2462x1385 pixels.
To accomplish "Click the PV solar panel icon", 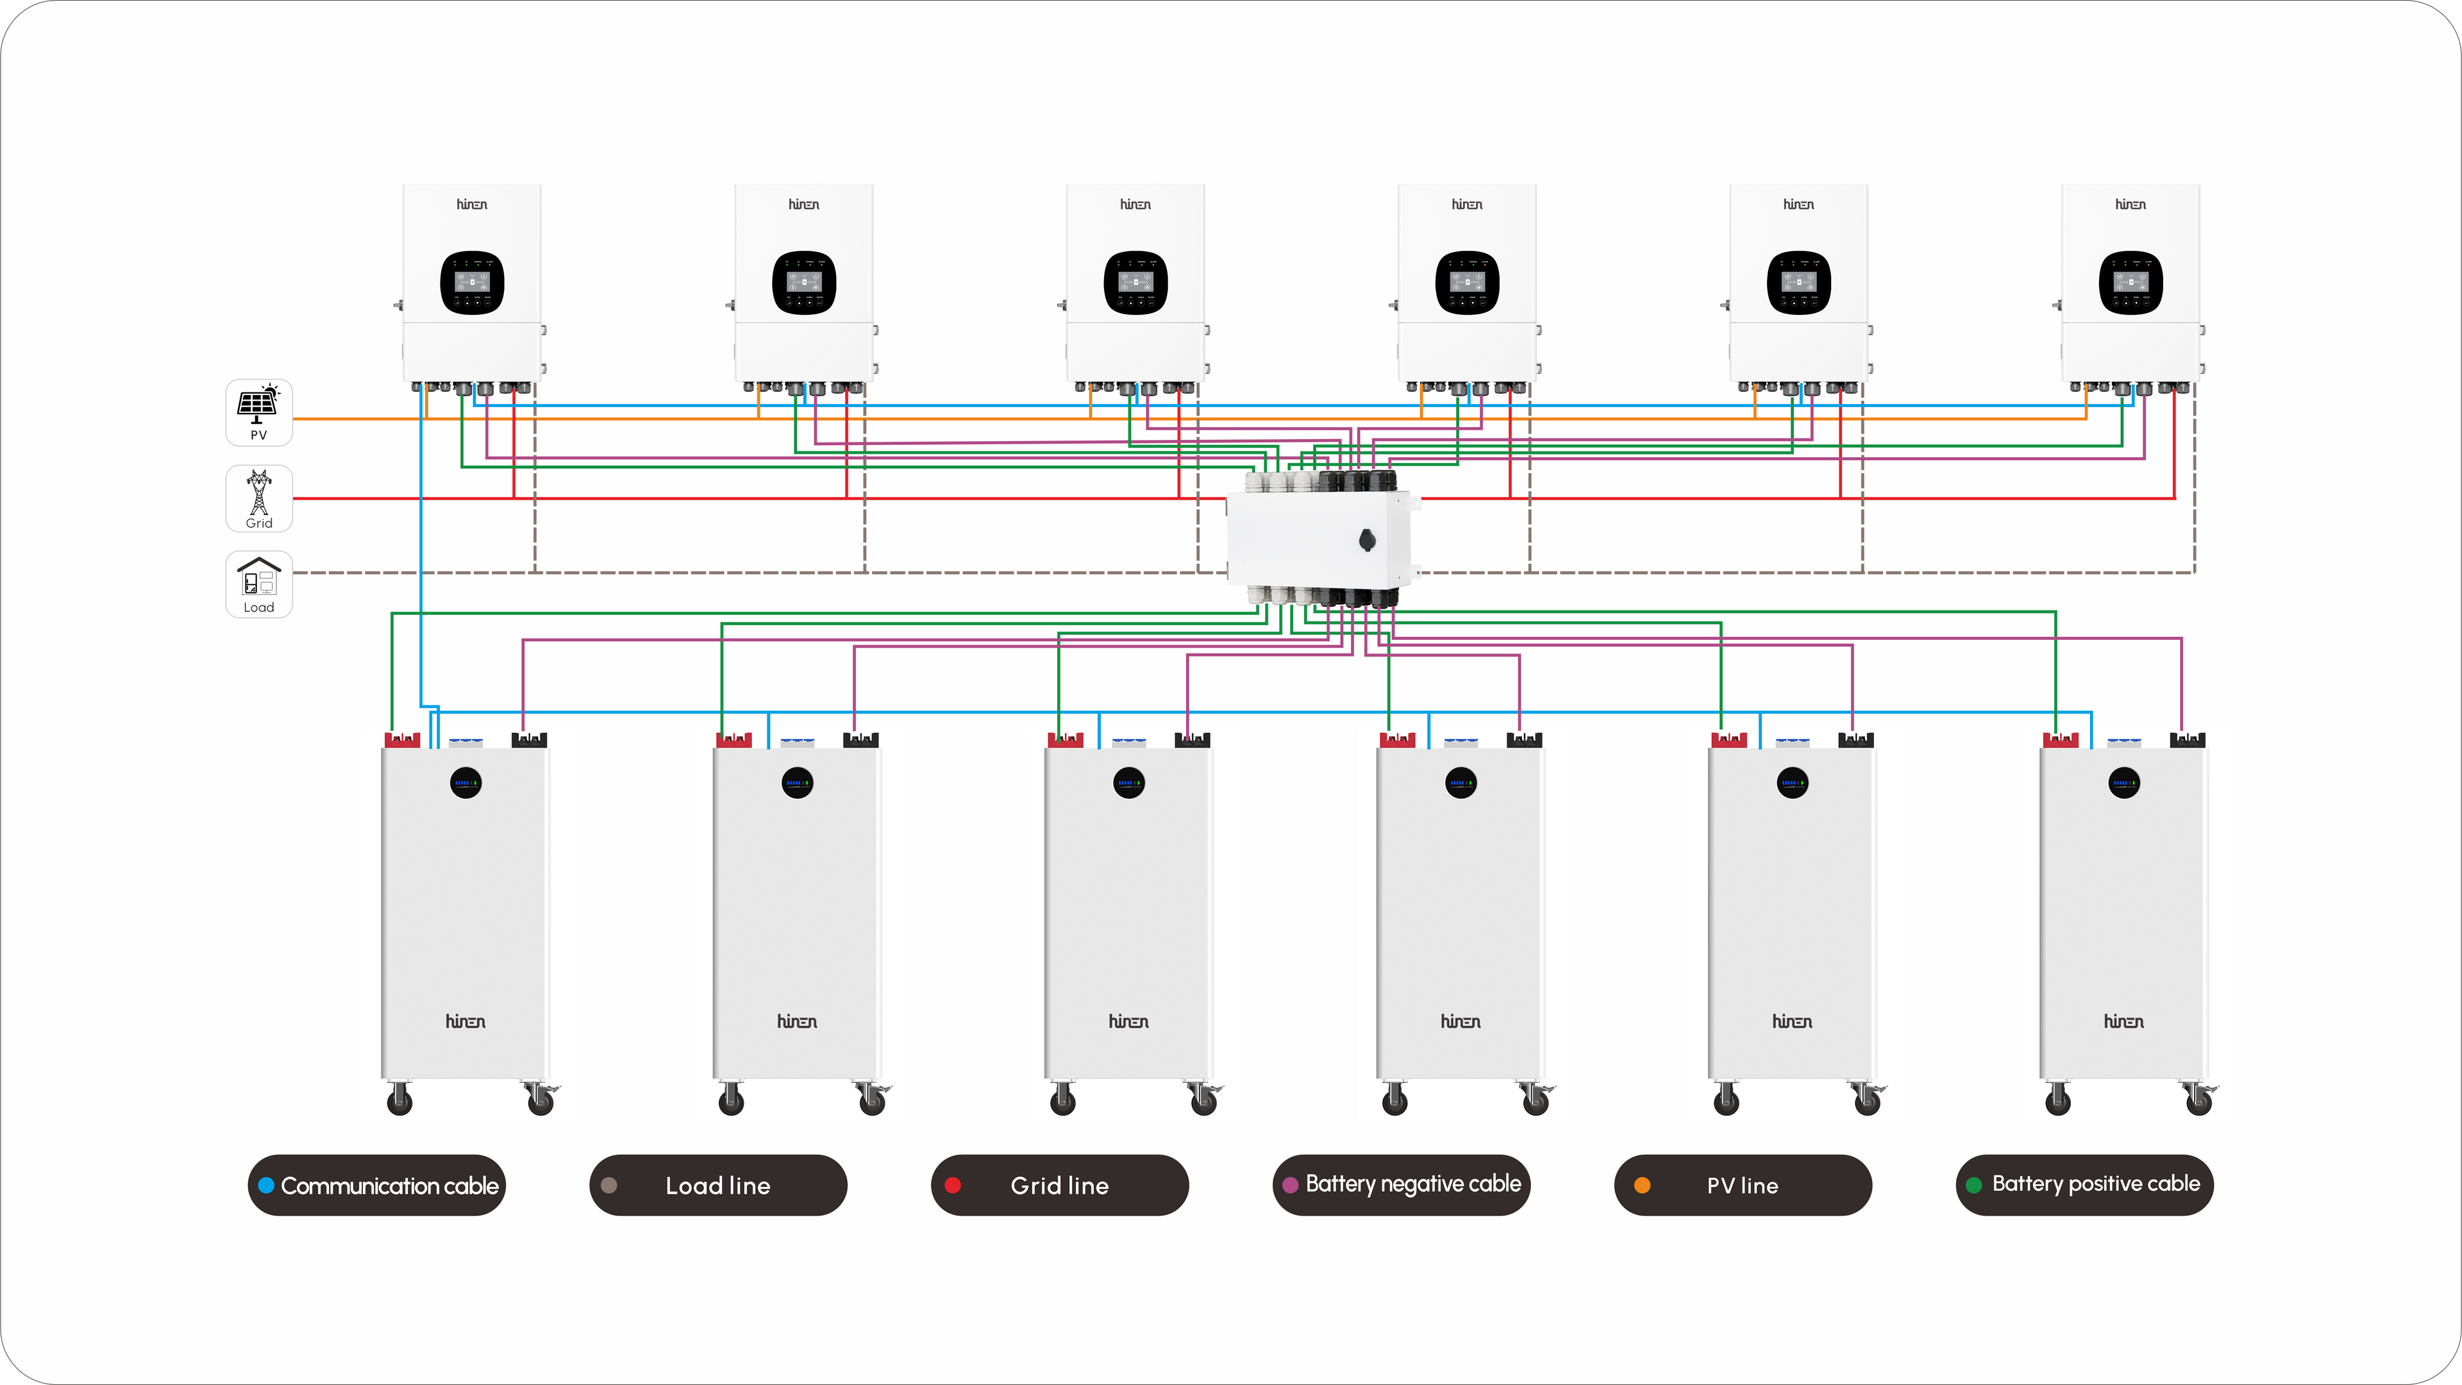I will click(x=257, y=405).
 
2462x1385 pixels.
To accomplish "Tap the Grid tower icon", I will click(x=258, y=493).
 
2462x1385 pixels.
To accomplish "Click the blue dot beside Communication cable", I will click(x=267, y=1185).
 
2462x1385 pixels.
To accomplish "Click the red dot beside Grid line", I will click(x=952, y=1185).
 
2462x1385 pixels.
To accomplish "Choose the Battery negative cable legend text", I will click(x=1412, y=1184).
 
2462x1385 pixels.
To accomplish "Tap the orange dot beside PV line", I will click(x=1642, y=1185).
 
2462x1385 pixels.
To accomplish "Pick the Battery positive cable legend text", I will click(x=2095, y=1184).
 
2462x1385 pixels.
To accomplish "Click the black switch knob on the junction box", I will click(x=1367, y=540).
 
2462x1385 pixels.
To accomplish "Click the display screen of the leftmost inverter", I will click(x=472, y=282).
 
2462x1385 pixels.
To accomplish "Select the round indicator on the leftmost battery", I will click(x=465, y=784).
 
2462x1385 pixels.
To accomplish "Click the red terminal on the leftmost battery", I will click(x=403, y=740).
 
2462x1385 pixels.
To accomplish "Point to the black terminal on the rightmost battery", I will click(x=2188, y=740).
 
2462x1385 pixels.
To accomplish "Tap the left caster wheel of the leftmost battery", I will click(x=399, y=1101).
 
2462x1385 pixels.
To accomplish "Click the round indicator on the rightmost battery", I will click(x=2123, y=784).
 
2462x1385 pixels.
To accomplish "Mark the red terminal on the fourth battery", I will click(x=1397, y=740).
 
